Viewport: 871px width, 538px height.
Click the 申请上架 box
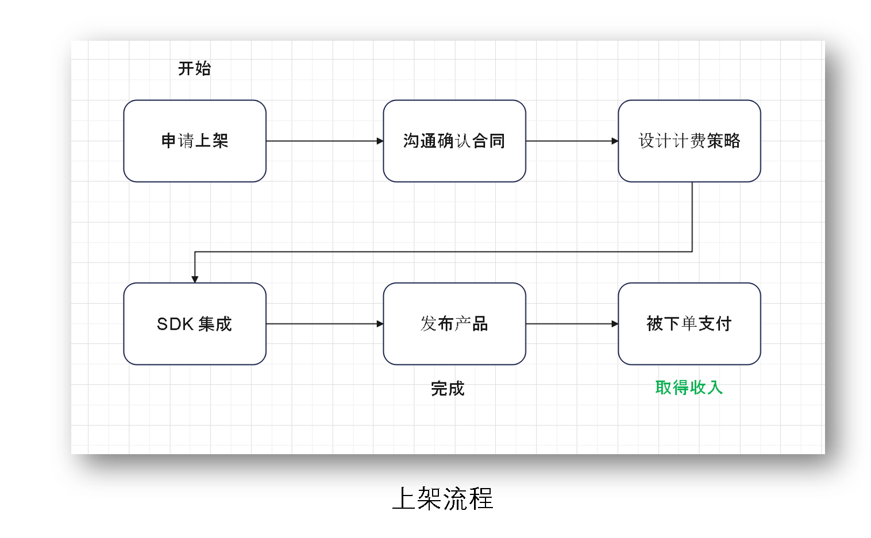(195, 141)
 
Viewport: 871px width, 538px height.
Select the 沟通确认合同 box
(454, 141)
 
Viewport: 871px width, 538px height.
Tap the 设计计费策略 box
(689, 141)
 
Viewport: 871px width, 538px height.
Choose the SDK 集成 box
(195, 324)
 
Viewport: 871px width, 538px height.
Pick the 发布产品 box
(454, 324)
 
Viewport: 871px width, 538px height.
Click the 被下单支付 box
(689, 324)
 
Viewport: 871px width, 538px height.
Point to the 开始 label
(194, 69)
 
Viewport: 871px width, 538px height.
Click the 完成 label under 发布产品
(448, 389)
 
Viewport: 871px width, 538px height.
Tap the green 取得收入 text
(689, 388)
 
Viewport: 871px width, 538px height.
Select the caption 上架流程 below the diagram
(442, 498)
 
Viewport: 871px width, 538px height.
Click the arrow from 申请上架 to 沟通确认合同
(325, 141)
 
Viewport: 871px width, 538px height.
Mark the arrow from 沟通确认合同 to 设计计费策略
(572, 141)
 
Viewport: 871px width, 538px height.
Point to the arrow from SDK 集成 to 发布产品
(325, 324)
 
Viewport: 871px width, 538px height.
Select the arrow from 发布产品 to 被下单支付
(572, 324)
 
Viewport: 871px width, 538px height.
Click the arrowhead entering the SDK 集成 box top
(195, 279)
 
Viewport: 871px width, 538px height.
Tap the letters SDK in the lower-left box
(175, 324)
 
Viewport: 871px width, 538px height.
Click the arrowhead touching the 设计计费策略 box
(615, 141)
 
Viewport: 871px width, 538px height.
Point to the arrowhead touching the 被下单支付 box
(615, 324)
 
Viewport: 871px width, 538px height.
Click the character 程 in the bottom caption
(481, 498)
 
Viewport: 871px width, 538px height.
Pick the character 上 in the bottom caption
(404, 498)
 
